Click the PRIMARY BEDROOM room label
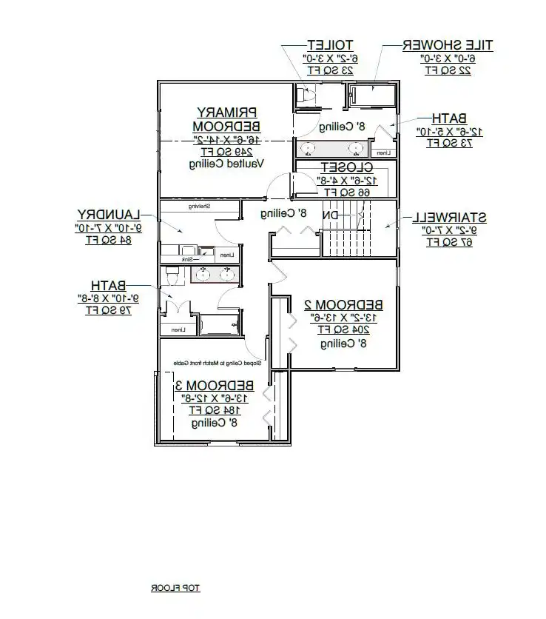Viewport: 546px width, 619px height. click(x=227, y=118)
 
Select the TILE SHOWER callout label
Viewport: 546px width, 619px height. click(x=447, y=46)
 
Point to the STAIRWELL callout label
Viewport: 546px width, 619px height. click(x=449, y=218)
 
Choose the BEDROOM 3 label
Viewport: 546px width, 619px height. click(x=215, y=386)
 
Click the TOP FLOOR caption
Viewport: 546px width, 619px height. click(x=176, y=589)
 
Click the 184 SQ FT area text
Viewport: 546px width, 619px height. click(x=214, y=410)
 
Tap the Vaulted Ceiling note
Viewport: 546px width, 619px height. click(x=226, y=164)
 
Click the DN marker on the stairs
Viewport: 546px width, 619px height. click(x=333, y=215)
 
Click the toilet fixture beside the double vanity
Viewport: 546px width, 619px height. click(x=172, y=275)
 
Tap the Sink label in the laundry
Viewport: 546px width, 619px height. click(x=188, y=260)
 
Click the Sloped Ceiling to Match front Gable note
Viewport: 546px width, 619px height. click(x=219, y=364)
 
